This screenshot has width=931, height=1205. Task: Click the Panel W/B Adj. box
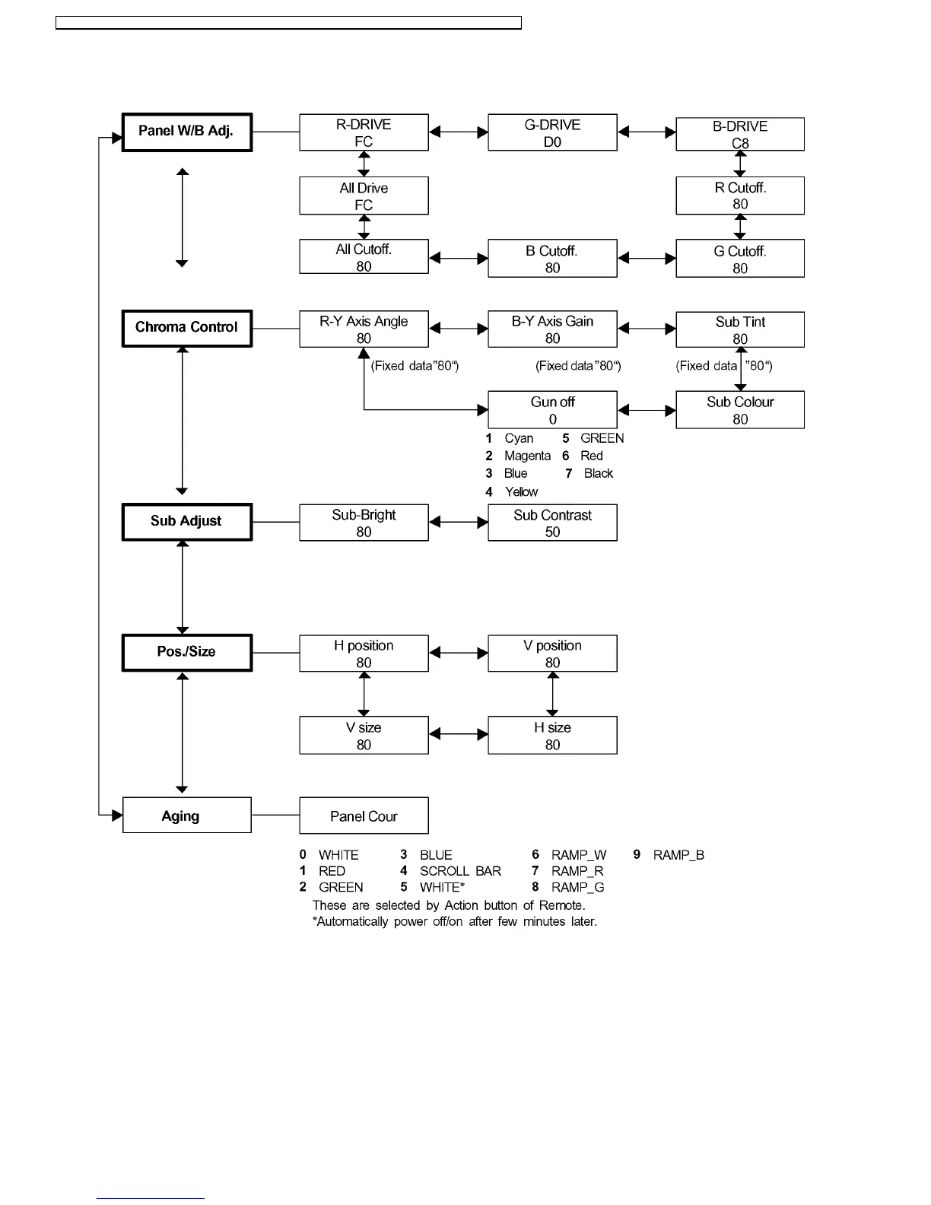pyautogui.click(x=186, y=132)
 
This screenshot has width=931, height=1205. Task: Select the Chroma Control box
pyautogui.click(x=186, y=328)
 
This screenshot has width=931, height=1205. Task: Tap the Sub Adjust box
pyautogui.click(x=186, y=522)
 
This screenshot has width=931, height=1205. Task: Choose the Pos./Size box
pyautogui.click(x=186, y=653)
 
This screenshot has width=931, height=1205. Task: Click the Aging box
pyautogui.click(x=186, y=816)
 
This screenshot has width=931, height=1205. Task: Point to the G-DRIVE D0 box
pyautogui.click(x=552, y=132)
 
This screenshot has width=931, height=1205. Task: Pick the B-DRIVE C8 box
pyautogui.click(x=739, y=134)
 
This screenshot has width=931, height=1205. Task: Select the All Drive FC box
pyautogui.click(x=364, y=196)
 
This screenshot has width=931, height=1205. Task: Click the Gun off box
pyautogui.click(x=552, y=410)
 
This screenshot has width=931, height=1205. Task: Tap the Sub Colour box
pyautogui.click(x=739, y=410)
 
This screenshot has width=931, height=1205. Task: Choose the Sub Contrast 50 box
pyautogui.click(x=552, y=523)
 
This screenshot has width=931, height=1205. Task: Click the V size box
pyautogui.click(x=364, y=735)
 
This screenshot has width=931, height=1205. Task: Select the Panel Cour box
pyautogui.click(x=364, y=816)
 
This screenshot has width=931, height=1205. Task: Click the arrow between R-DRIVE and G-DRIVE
pyautogui.click(x=459, y=132)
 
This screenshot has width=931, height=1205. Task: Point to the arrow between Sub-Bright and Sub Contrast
pyautogui.click(x=459, y=523)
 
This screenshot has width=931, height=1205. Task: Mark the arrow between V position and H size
pyautogui.click(x=553, y=694)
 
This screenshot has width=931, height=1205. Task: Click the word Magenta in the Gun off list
pyautogui.click(x=527, y=456)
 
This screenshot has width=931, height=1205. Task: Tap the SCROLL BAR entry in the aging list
pyautogui.click(x=460, y=871)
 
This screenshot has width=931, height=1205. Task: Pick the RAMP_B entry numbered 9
pyautogui.click(x=678, y=855)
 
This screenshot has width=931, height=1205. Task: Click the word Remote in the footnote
pyautogui.click(x=561, y=905)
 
